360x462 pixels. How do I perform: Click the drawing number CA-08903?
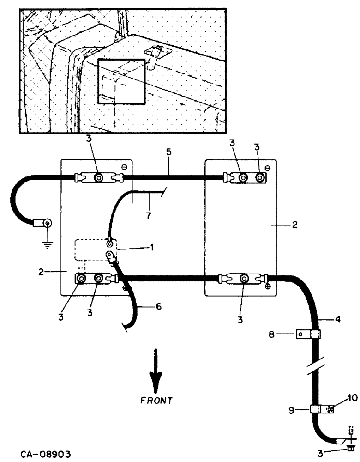point(45,454)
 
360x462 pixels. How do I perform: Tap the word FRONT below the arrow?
point(157,400)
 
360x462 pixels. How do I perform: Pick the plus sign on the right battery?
point(268,286)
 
